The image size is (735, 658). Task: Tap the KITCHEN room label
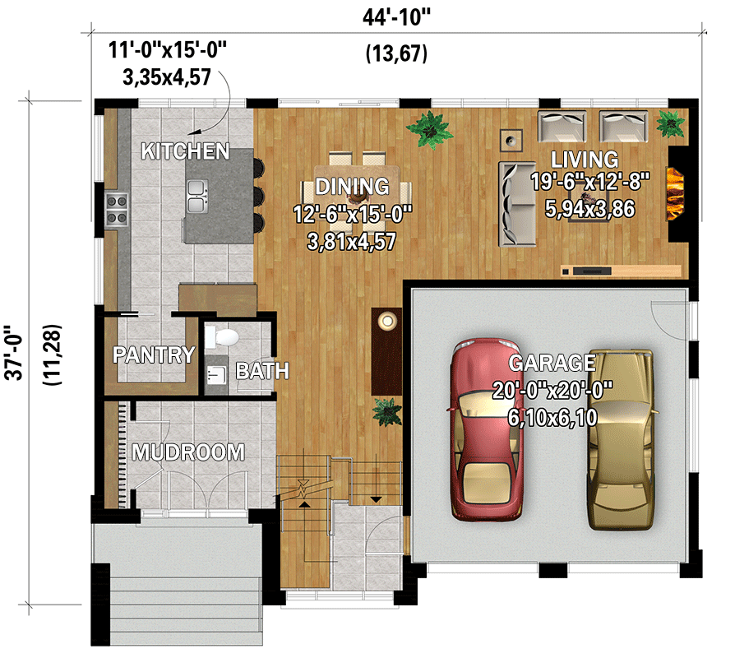pos(184,151)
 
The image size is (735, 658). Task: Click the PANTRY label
pos(154,355)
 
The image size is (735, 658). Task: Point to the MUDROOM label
pos(188,452)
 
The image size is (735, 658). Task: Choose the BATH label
pos(262,372)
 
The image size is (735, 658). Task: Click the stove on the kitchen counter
pos(117,209)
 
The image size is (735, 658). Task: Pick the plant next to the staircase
pos(386,411)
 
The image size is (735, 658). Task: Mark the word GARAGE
pos(552,363)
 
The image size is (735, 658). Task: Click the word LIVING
pos(585,159)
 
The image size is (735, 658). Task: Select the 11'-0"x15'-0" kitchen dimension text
pos(168,50)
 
